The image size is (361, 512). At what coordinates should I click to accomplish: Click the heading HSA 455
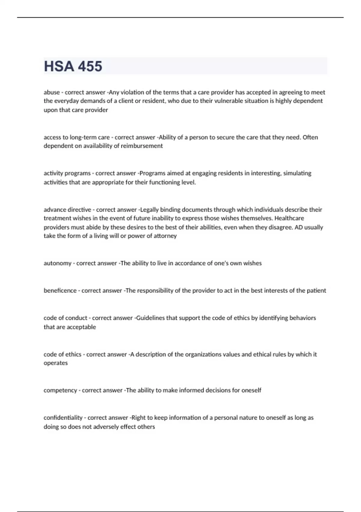pos(73,66)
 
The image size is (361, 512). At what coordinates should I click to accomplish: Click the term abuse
pos(52,92)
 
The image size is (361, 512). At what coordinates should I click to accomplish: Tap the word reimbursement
pos(142,146)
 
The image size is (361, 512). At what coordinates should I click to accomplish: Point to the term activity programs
pos(67,173)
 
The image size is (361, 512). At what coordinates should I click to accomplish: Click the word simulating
pos(297,173)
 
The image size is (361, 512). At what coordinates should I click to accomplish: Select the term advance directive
pos(67,210)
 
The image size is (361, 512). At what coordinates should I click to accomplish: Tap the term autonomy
pos(57,263)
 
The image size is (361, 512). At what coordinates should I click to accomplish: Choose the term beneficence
pos(60,291)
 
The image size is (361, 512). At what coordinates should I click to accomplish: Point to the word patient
pos(316,291)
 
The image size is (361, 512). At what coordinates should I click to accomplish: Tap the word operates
pos(56,363)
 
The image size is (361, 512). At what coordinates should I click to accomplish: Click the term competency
pos(60,391)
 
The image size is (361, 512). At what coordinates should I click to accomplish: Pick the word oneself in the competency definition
pos(251,390)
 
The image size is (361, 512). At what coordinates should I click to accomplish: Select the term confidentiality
pos(63,418)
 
